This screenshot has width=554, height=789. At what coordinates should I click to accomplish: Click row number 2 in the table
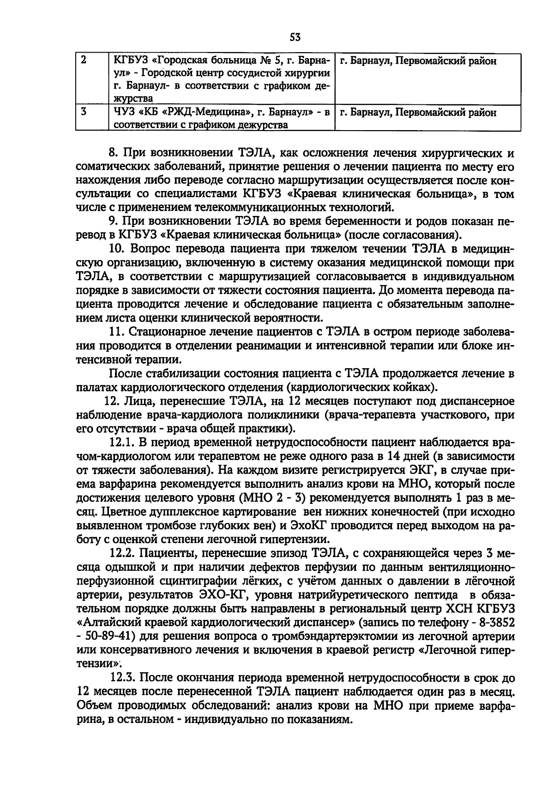(x=83, y=60)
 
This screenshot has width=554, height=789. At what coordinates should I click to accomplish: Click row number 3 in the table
(x=83, y=111)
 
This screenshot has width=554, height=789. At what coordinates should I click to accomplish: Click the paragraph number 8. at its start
(x=114, y=153)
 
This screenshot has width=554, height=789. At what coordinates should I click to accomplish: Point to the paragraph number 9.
(x=114, y=221)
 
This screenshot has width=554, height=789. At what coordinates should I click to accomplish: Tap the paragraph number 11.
(x=117, y=331)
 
